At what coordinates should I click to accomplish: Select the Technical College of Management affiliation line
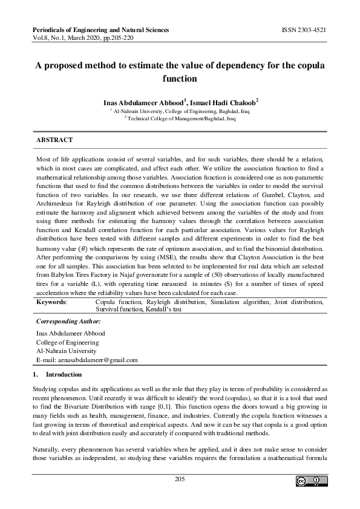[181, 119]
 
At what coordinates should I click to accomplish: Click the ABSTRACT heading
[55, 140]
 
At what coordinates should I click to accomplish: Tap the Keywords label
[52, 300]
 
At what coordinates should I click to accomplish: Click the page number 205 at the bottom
[180, 479]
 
